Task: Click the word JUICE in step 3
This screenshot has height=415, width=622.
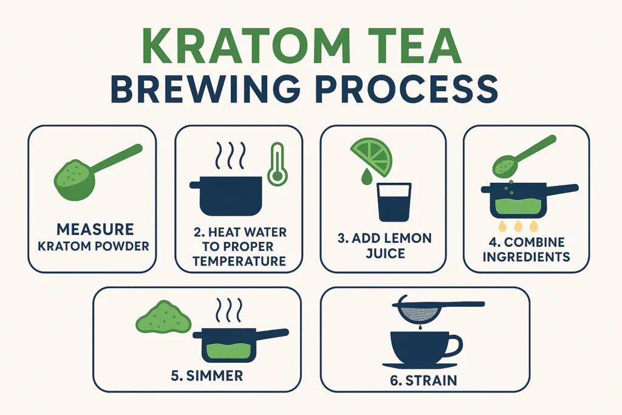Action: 385,252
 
